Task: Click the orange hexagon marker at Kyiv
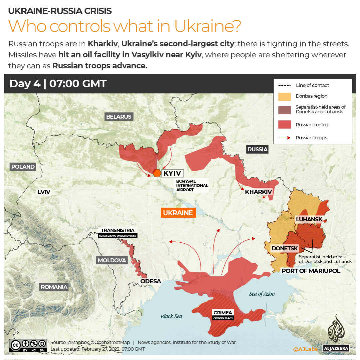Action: (x=157, y=173)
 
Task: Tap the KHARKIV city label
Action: (x=258, y=192)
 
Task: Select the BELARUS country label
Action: (x=119, y=117)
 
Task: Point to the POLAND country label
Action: (x=23, y=167)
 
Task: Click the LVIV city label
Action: (x=44, y=192)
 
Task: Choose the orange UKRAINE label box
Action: (x=178, y=213)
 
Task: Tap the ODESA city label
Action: (x=151, y=281)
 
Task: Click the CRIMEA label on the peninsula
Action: (x=223, y=313)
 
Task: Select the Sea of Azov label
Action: (x=262, y=294)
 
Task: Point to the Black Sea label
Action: (x=171, y=316)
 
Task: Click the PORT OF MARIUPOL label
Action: (x=311, y=271)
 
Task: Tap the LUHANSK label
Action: (x=309, y=219)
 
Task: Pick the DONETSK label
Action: (x=284, y=248)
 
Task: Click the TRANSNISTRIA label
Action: (x=118, y=230)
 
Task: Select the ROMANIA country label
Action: (x=54, y=287)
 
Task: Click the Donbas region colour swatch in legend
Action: (x=284, y=96)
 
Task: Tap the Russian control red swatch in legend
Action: (x=284, y=125)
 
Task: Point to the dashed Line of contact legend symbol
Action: (x=284, y=85)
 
